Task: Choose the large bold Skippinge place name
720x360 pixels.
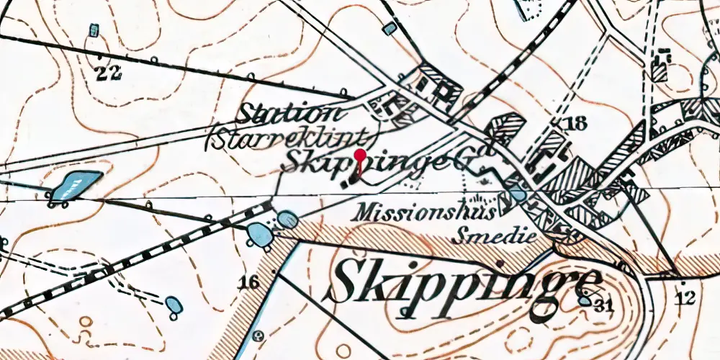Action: pyautogui.click(x=467, y=284)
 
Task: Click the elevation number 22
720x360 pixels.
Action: pyautogui.click(x=109, y=72)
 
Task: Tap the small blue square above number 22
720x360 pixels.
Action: pyautogui.click(x=94, y=31)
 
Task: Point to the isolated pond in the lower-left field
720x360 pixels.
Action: pyautogui.click(x=174, y=305)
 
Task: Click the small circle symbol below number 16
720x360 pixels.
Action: pyautogui.click(x=258, y=336)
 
